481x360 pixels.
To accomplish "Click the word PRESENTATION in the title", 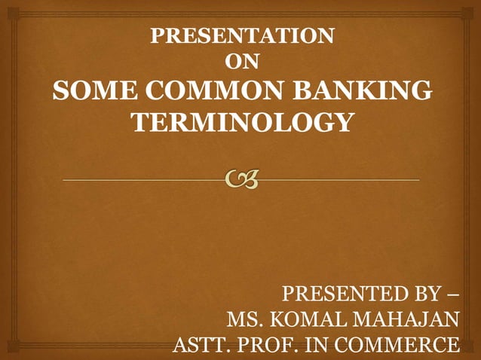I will [243, 36].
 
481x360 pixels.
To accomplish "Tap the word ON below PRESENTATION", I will [243, 63].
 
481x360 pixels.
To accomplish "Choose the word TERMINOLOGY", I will [242, 121].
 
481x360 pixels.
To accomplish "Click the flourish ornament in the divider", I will [242, 180].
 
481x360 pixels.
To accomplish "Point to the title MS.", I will [244, 320].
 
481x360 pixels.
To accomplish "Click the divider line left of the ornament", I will [143, 181].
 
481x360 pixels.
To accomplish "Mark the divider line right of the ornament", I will [339, 181].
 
